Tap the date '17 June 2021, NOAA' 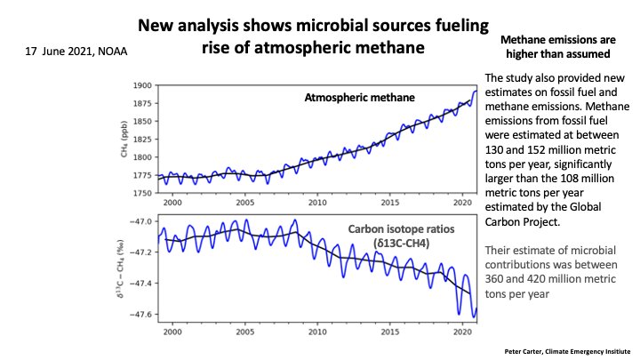(x=76, y=52)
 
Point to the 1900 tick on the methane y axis (x=142, y=86)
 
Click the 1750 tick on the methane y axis (x=142, y=193)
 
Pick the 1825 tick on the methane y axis (x=142, y=140)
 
